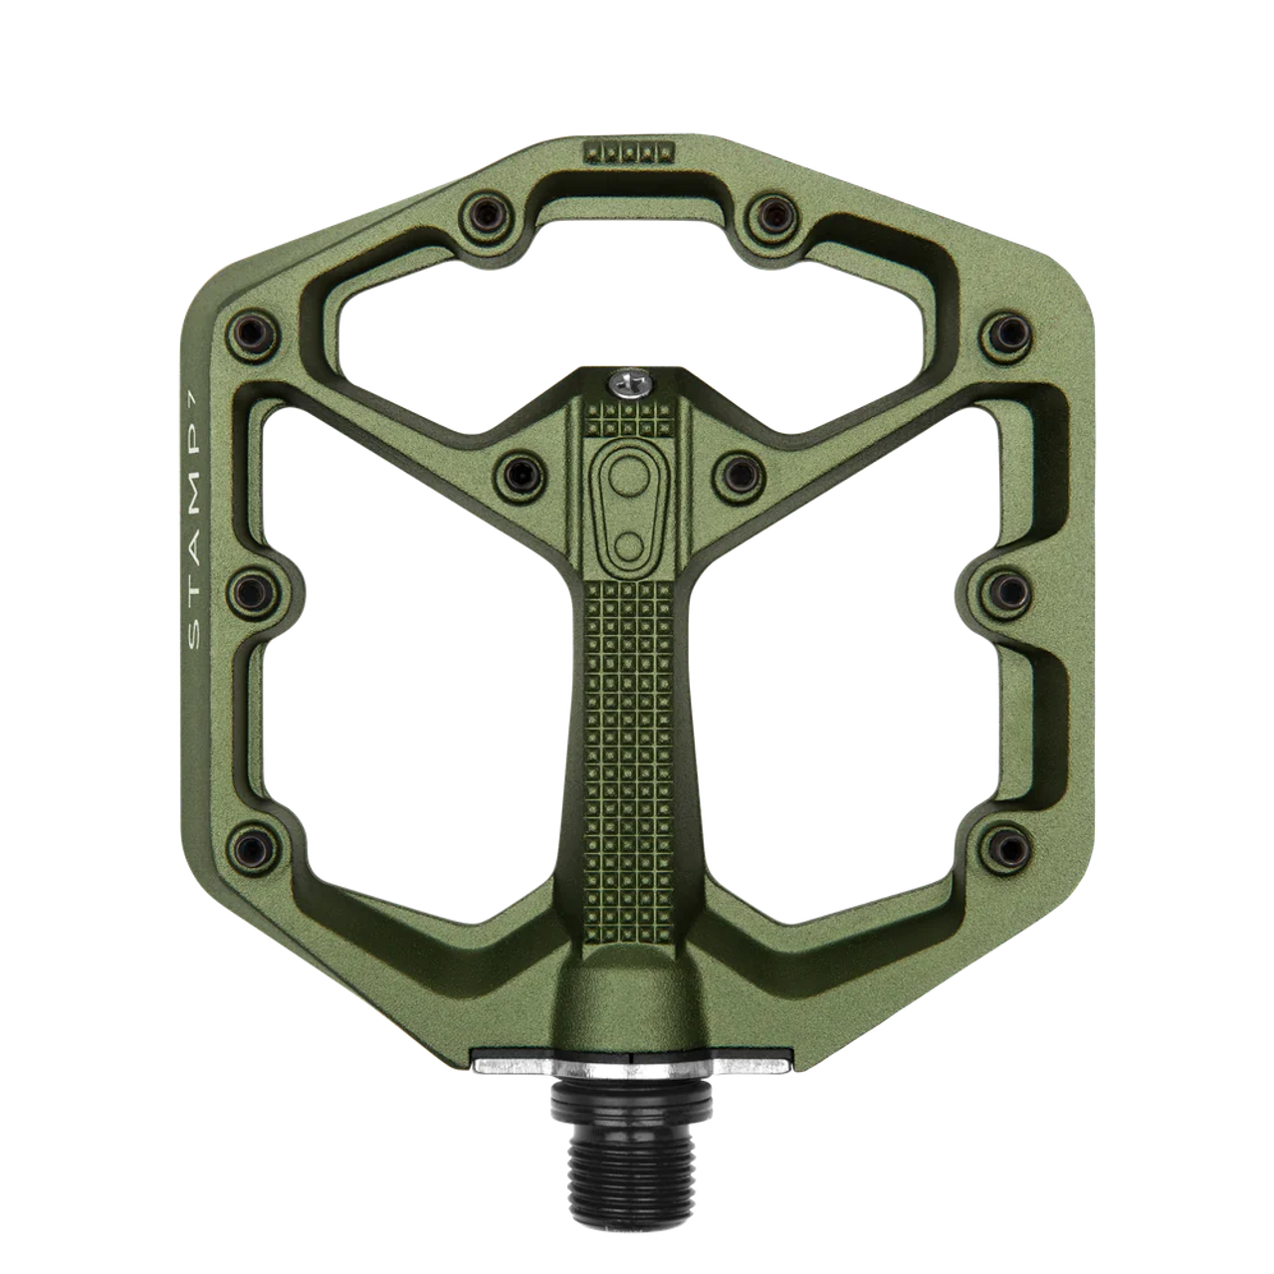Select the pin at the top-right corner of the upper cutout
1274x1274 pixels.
point(770,209)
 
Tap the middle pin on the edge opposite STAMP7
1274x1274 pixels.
point(1008,583)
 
